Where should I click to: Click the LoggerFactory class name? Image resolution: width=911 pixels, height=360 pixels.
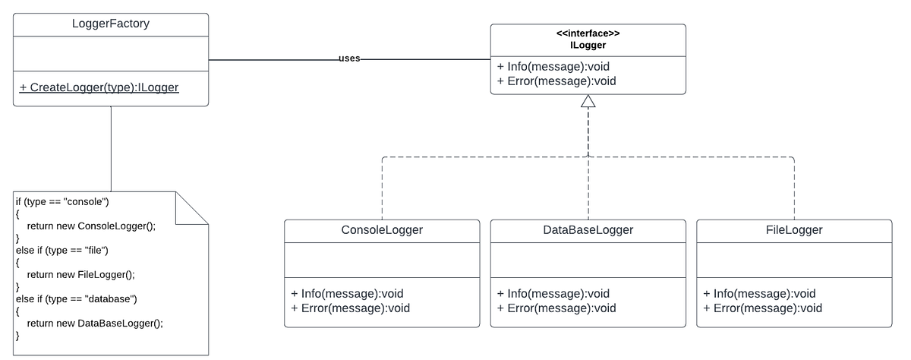(111, 24)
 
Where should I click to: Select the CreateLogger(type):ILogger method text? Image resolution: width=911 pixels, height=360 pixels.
(99, 87)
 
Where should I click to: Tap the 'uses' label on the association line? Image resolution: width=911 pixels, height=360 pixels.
(349, 58)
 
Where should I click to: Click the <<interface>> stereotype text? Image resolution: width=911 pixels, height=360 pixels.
(588, 34)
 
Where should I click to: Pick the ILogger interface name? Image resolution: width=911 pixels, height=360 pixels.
(588, 46)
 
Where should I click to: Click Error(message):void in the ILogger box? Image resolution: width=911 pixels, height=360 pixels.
(556, 81)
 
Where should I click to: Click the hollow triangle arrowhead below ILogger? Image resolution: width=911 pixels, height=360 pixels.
(588, 101)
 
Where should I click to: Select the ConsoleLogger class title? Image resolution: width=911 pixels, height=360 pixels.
(382, 229)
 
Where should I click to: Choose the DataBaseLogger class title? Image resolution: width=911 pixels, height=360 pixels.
(588, 229)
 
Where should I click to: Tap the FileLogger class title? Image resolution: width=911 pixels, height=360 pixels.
(794, 229)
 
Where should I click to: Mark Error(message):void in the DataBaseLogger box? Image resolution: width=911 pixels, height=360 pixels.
(556, 308)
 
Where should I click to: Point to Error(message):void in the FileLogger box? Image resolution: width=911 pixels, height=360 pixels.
(762, 308)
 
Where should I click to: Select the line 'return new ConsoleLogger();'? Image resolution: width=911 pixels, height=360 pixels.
(90, 226)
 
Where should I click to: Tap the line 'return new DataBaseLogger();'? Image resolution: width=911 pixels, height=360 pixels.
(95, 323)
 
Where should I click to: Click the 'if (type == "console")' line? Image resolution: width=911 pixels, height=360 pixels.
(63, 201)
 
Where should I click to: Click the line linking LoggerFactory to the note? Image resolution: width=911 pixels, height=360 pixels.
(111, 148)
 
